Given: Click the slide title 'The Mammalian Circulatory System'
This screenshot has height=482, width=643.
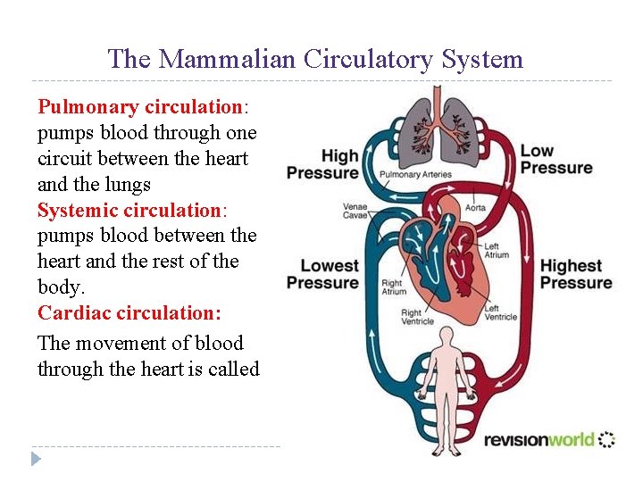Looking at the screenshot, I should pos(315,60).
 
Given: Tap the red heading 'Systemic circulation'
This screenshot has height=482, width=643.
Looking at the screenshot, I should pos(130,211).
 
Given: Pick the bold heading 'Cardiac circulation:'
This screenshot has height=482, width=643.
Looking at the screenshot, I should pos(129,313).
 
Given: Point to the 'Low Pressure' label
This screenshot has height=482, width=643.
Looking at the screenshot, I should pos(555,159).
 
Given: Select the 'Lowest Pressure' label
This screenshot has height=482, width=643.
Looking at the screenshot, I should pos(321,274).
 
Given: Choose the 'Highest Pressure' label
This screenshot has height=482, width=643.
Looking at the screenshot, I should pos(576,274).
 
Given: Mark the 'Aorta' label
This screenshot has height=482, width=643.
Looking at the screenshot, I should pos(475,208).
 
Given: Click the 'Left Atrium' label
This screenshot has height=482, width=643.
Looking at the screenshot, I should pos(497,251).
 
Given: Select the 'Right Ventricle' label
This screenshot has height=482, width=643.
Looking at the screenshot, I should pos(417,317).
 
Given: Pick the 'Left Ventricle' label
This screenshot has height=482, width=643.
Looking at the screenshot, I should pos(500,312).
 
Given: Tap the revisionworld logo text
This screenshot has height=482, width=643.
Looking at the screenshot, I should pos(539,439).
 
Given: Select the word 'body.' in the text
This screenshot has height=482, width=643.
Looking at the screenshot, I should pos(62,287).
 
